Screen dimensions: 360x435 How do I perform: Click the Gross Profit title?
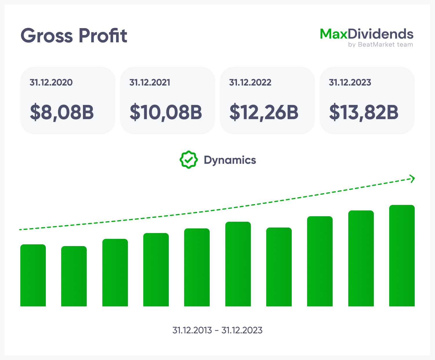point(74,36)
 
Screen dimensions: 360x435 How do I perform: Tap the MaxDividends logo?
point(367,34)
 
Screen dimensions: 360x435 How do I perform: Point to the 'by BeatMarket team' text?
point(380,45)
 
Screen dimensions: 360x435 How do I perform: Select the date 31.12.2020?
point(51,82)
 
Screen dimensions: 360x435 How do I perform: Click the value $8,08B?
point(62,112)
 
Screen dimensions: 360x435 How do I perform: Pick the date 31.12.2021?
point(150,82)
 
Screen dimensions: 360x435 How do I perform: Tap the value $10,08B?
point(166,112)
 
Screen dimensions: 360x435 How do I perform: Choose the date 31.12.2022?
point(250,82)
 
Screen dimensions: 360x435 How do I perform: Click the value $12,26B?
point(264,112)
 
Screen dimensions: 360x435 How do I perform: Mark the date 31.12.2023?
point(350,82)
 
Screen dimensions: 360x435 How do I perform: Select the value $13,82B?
point(364,112)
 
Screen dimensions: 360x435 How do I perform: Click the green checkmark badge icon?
point(189,160)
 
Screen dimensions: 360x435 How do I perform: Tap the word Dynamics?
point(230,160)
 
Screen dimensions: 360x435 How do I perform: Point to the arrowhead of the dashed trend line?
point(412,179)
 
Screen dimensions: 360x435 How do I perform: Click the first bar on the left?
point(33,275)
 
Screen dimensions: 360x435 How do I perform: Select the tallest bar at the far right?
point(402,256)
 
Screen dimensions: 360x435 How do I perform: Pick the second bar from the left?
point(74,276)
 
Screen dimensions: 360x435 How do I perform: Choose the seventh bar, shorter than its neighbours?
point(279,267)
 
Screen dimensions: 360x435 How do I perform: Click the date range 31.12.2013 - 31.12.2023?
point(217,330)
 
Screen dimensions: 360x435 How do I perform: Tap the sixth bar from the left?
point(238,264)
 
